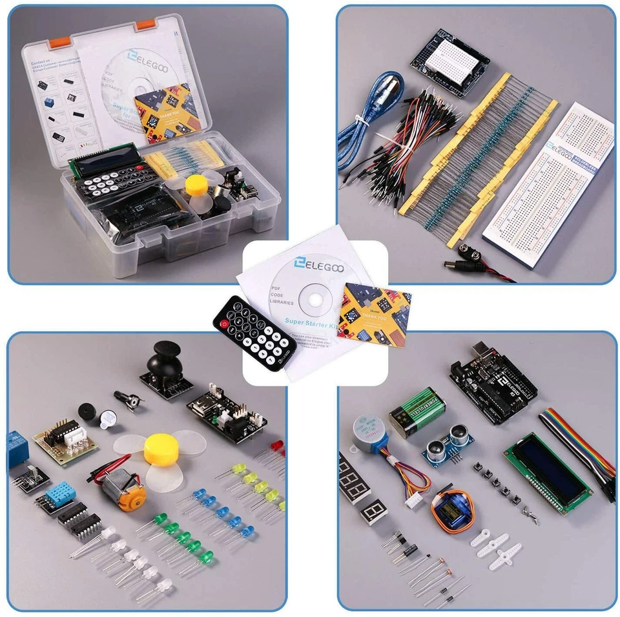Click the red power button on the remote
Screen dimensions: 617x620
tap(224, 322)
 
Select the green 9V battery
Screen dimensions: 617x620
tap(417, 412)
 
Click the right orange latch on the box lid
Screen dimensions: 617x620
tap(145, 24)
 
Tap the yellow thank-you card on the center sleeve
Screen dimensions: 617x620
tap(375, 315)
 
